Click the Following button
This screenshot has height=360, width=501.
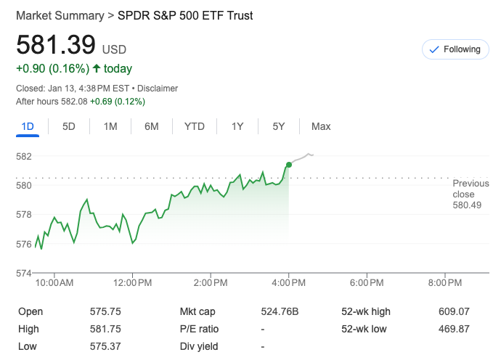455,49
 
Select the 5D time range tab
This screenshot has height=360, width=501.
69,126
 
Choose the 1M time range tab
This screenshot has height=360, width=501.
110,126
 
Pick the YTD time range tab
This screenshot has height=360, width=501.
194,126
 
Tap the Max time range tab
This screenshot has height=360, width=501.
321,126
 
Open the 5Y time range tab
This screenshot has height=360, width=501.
279,126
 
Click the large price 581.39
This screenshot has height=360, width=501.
56,46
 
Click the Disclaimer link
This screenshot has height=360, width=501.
158,89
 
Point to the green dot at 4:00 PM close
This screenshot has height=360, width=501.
289,165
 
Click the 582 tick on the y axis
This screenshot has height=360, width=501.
24,156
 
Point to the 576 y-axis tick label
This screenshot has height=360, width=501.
24,244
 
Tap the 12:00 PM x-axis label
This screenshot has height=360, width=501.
133,282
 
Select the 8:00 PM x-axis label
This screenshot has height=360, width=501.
444,282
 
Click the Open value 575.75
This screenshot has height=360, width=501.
105,311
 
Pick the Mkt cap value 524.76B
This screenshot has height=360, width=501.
280,311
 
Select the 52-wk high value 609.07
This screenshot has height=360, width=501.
455,311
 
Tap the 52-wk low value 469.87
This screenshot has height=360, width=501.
455,329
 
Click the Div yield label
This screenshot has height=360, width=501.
199,346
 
